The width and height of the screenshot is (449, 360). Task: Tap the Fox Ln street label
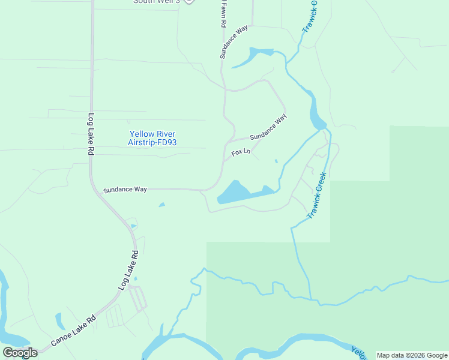coord(240,152)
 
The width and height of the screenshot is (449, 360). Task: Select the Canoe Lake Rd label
coord(73,331)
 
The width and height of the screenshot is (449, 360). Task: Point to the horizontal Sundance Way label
coord(125,190)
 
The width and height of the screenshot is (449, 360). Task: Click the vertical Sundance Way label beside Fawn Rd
coord(234,41)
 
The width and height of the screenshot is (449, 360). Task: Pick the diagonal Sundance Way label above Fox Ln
coord(268,128)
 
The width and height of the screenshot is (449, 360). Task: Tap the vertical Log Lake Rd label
coord(91,135)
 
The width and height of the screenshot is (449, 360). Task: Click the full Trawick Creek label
coord(316,196)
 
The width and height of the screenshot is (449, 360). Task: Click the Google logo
coord(20,353)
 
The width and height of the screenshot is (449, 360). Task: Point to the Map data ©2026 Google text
coord(412,355)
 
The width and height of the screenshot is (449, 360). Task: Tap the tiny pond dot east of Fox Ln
coord(276,161)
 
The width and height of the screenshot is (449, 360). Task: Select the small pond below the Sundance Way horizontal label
coord(161,205)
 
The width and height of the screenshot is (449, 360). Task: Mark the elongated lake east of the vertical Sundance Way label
coord(252,57)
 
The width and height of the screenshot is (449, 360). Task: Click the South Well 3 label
coord(156,2)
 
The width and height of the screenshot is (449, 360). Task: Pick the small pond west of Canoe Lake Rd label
coord(59,320)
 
